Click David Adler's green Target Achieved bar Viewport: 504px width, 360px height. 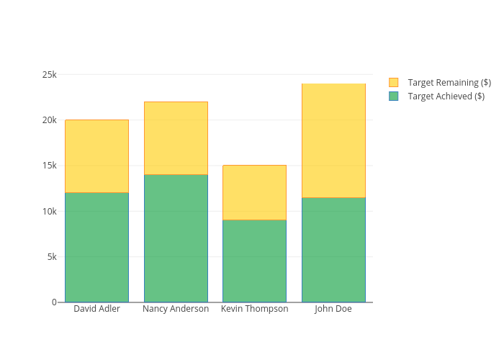click(96, 248)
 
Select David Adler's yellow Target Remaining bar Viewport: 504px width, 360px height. click(96, 156)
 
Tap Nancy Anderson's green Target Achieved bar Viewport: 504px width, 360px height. click(176, 238)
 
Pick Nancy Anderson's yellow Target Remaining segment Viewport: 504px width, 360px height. click(176, 138)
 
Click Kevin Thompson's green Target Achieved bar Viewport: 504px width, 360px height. click(255, 261)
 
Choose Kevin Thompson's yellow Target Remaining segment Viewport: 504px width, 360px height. click(255, 192)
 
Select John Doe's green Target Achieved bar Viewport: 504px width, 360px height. click(333, 250)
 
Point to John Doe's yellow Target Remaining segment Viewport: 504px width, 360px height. click(333, 140)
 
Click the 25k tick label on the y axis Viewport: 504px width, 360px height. click(50, 75)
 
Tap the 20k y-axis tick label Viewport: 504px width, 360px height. click(50, 120)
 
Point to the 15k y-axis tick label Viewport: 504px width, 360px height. click(50, 166)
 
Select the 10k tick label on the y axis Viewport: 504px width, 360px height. click(50, 211)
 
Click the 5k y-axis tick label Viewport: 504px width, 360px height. click(52, 257)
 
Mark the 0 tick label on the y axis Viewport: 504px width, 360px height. click(54, 302)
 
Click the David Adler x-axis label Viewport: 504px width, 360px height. click(96, 309)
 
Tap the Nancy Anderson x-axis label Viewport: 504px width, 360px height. click(176, 309)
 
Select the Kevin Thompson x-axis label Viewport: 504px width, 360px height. click(255, 309)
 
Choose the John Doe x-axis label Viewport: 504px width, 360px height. click(333, 309)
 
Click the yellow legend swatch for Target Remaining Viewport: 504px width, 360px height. click(393, 82)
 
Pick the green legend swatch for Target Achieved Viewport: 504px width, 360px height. click(393, 96)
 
